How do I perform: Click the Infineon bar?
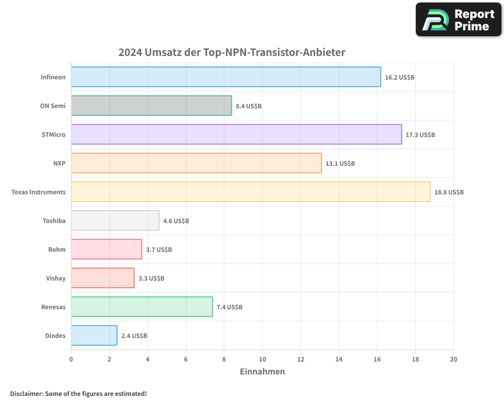coord(226,77)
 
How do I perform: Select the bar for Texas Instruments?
coord(250,192)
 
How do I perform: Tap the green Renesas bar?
coord(142,307)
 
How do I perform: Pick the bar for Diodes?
coord(94,335)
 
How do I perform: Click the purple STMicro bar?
coord(236,135)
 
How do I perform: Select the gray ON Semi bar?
coord(151,106)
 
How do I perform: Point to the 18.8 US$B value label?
coord(449,192)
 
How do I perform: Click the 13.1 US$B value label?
coord(340,164)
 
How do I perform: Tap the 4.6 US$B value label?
coord(176,221)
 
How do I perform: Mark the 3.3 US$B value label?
coord(151,279)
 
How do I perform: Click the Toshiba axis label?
coord(54,221)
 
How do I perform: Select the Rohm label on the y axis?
coord(57,250)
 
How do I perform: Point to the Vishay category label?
coord(55,279)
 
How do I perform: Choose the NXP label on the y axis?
coord(59,164)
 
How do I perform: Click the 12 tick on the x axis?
coord(300,359)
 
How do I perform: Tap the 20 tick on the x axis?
coord(454,359)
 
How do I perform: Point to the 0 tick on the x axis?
coord(71,359)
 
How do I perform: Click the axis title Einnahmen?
coord(262,372)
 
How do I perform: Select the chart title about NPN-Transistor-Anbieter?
coord(232,52)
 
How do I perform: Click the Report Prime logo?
coord(459,20)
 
